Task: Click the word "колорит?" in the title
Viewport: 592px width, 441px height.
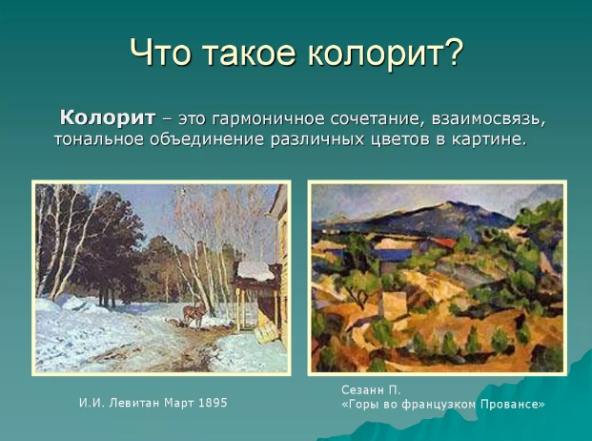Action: pos(385,52)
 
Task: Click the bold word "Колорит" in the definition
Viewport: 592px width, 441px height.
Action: pos(107,118)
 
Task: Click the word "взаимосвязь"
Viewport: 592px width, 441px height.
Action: pos(489,119)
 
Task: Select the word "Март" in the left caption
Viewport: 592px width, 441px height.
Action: pos(179,403)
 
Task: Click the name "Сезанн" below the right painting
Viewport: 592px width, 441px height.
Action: pos(361,389)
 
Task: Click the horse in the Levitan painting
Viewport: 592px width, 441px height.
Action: pos(194,313)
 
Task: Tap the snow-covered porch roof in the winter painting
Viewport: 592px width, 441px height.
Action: pos(255,271)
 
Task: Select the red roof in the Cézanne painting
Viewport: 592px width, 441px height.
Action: pos(440,242)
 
